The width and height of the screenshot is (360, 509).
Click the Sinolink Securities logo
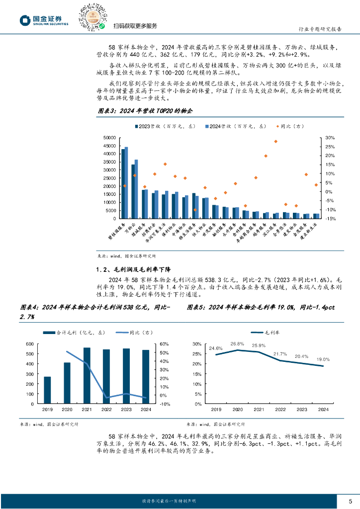pyautogui.click(x=43, y=20)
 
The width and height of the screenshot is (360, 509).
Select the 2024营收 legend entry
pyautogui.click(x=230, y=127)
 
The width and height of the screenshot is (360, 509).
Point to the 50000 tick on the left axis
pyautogui.click(x=109, y=138)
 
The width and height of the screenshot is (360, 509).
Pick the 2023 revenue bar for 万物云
pyautogui.click(x=133, y=191)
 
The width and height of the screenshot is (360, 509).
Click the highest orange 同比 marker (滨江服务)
pyautogui.click(x=275, y=141)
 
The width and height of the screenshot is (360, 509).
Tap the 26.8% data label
pyautogui.click(x=237, y=343)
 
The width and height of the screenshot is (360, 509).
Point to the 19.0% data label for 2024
pyautogui.click(x=323, y=359)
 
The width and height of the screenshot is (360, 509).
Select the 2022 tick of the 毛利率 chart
pyautogui.click(x=280, y=410)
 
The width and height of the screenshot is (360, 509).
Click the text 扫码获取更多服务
pyautogui.click(x=135, y=26)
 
